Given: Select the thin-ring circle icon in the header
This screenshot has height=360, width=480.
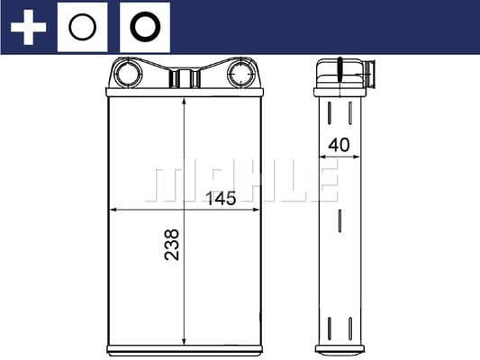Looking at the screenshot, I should (x=83, y=27).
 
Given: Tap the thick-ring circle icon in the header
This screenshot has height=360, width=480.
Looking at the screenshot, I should (x=144, y=27).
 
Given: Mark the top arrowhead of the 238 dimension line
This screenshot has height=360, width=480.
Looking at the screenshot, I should (x=184, y=99).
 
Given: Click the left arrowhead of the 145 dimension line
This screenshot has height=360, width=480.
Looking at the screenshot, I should (x=113, y=209).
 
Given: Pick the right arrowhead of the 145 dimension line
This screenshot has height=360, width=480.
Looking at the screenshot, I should (x=256, y=209).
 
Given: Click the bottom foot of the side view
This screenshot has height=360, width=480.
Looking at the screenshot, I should (x=340, y=348).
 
